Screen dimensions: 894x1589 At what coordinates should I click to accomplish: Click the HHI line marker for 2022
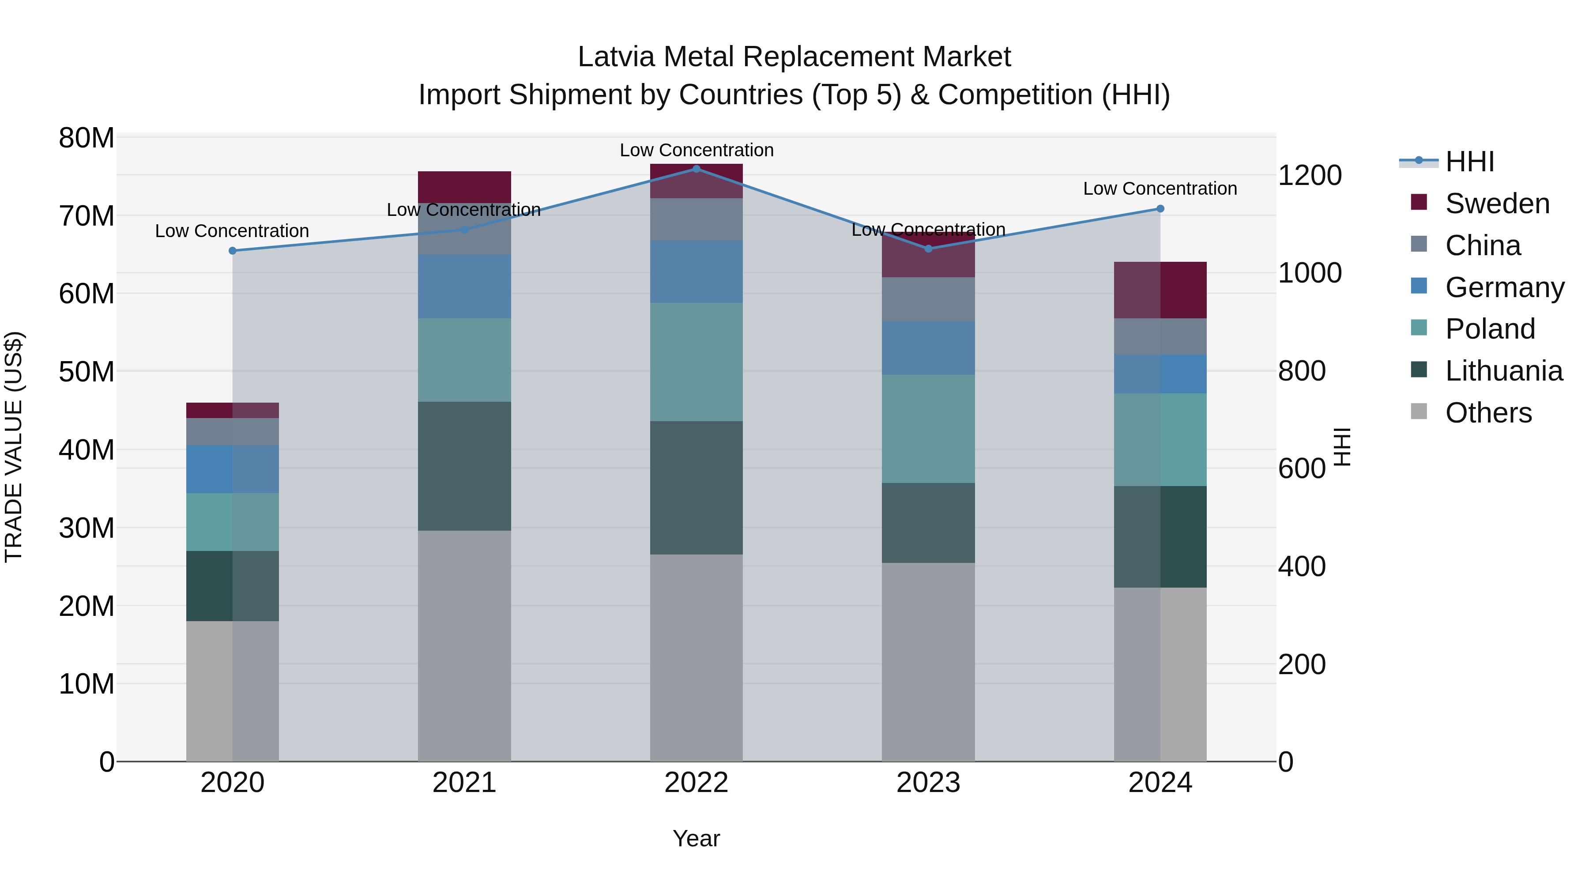point(697,169)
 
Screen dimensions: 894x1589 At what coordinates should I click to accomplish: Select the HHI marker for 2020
point(233,250)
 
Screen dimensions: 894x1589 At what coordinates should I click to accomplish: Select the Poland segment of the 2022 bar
point(697,362)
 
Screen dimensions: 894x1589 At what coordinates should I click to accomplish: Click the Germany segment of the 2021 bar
point(464,286)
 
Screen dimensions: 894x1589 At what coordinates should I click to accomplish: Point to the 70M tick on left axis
point(87,216)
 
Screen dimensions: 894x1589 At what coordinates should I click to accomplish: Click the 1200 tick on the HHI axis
point(1310,175)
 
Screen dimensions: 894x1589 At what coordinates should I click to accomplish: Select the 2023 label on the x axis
point(928,783)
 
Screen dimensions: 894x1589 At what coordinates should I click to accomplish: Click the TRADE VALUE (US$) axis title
point(14,447)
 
